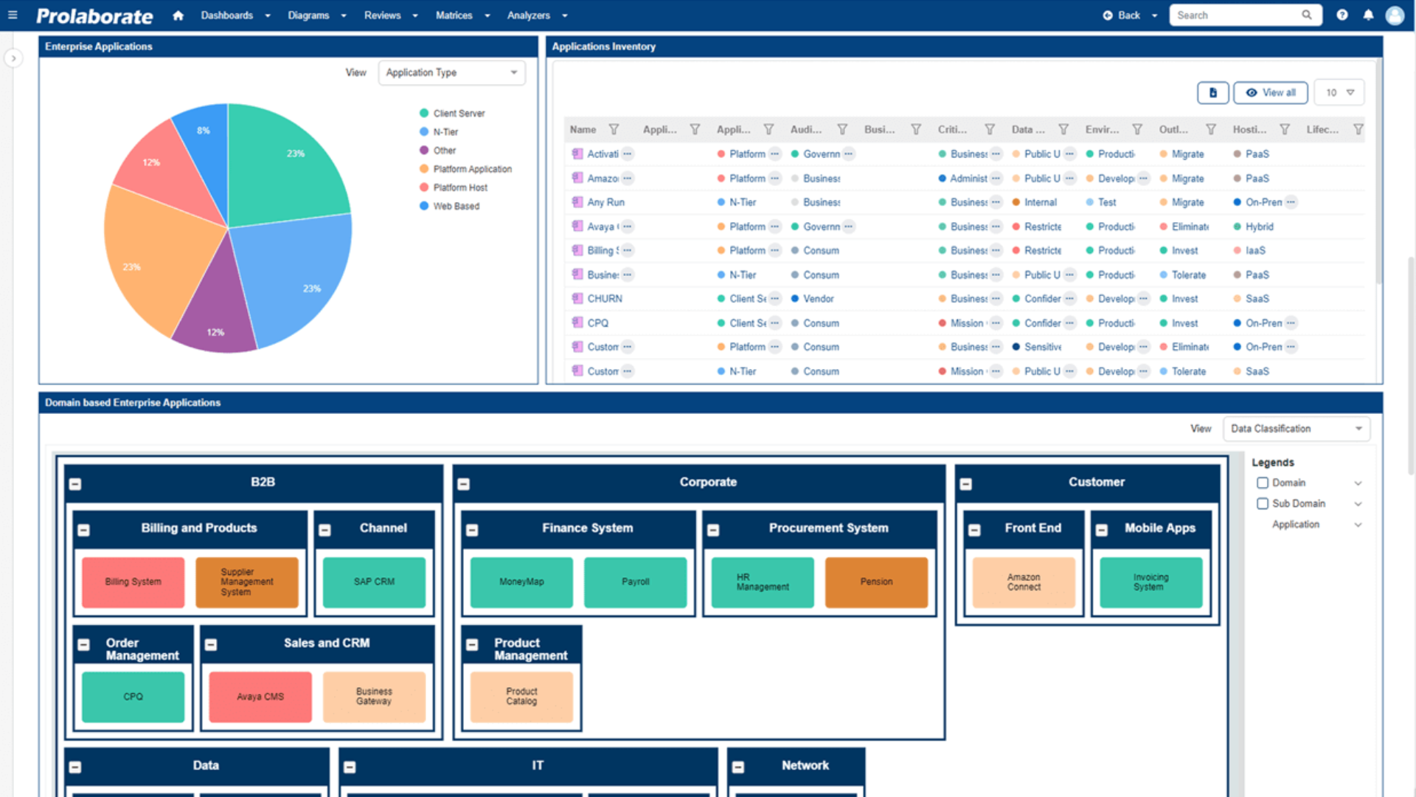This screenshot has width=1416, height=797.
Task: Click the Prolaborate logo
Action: click(x=94, y=15)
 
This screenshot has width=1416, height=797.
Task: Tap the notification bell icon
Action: click(x=1368, y=15)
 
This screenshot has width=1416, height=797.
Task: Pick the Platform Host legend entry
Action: click(x=460, y=187)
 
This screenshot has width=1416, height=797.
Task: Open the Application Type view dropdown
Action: click(x=451, y=72)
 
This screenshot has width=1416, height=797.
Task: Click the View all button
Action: click(x=1271, y=93)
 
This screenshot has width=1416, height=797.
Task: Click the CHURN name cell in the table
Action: click(x=605, y=299)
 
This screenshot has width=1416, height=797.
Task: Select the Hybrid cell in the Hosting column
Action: click(x=1259, y=227)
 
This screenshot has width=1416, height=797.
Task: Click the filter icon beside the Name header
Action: click(x=614, y=130)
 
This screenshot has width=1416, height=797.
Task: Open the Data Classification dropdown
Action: click(x=1296, y=429)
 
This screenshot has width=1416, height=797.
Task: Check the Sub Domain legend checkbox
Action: click(x=1263, y=503)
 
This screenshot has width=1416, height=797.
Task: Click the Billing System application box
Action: click(x=133, y=582)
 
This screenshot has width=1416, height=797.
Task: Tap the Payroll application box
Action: click(x=635, y=582)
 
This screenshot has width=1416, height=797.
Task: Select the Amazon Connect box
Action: click(x=1024, y=582)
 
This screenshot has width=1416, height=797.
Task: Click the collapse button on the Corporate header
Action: click(x=464, y=484)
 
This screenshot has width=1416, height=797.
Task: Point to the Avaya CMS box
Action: click(x=260, y=697)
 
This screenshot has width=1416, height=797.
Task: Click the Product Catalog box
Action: click(x=521, y=697)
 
